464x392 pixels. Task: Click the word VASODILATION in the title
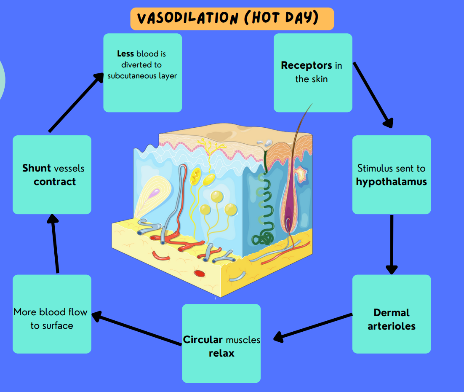187,19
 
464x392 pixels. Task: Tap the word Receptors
307,65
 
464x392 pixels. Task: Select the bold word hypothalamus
391,182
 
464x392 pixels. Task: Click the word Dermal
391,313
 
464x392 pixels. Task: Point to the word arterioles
391,326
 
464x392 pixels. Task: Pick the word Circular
203,340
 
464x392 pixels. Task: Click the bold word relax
221,353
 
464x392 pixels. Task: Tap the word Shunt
37,168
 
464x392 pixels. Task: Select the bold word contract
55,182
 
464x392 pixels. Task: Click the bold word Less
125,54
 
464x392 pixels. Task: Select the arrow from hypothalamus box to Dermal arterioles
392,244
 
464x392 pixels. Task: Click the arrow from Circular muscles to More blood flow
137,329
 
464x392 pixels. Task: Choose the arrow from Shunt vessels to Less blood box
76,102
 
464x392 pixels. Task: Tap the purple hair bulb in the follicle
291,215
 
